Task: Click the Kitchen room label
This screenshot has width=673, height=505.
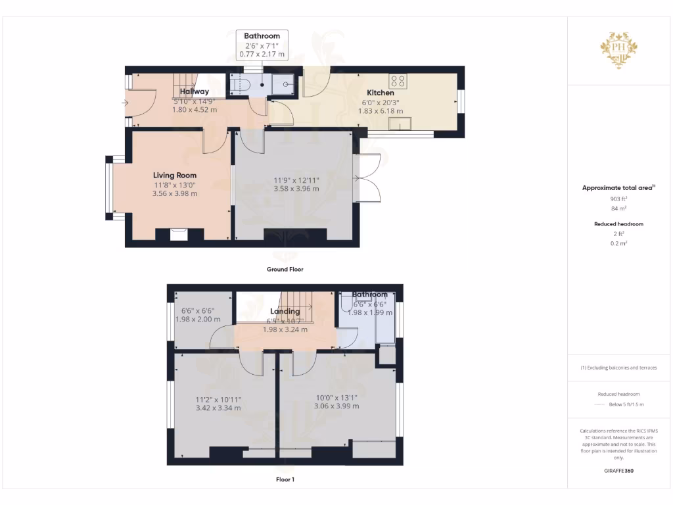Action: (x=380, y=93)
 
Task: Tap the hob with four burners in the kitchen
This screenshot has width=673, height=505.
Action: (x=398, y=81)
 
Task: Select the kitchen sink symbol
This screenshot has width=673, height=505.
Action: (x=398, y=124)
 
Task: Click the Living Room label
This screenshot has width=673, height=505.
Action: (x=175, y=175)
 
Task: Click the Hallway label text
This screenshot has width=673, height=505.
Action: (x=195, y=91)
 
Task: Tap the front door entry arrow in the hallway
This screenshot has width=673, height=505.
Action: (x=126, y=103)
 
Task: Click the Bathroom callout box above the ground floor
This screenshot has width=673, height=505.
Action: (x=262, y=45)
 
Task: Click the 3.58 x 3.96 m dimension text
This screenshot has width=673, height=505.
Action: (x=296, y=189)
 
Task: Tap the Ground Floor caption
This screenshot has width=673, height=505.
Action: (x=285, y=269)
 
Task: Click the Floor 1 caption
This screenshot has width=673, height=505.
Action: (x=285, y=480)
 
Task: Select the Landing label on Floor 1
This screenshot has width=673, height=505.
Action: (x=285, y=311)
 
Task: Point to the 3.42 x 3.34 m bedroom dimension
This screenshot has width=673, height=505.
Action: (x=218, y=408)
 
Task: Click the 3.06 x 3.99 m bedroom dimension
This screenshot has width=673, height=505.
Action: (x=336, y=406)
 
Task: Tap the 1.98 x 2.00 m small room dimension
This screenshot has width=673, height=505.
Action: (x=198, y=319)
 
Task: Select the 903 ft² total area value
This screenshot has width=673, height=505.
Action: (x=618, y=199)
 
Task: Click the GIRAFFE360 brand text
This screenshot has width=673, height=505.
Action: (x=618, y=471)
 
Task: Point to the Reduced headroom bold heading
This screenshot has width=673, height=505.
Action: (x=618, y=224)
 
